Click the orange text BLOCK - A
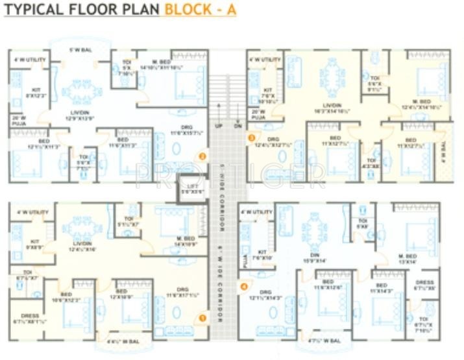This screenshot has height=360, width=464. click(x=200, y=10)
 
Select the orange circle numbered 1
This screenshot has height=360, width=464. click(x=202, y=318)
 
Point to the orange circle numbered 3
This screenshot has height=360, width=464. click(x=252, y=137)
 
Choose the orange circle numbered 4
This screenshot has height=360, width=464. click(x=244, y=285)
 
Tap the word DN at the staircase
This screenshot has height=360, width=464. click(x=237, y=126)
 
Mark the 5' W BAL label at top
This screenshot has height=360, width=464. click(x=80, y=49)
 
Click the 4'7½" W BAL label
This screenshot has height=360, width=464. click(x=324, y=339)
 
